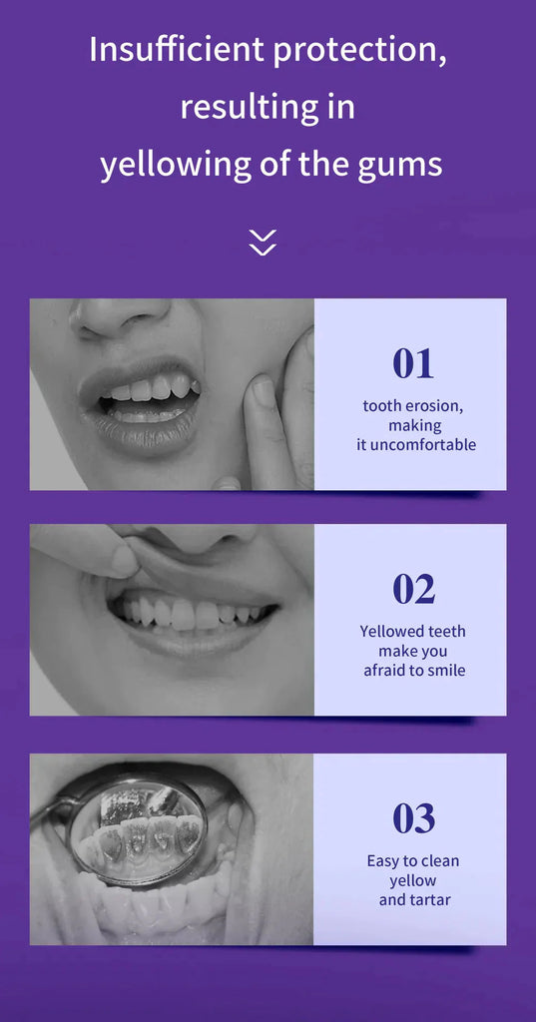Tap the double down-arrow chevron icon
[x=263, y=242]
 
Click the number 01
[x=412, y=363]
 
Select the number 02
[x=412, y=589]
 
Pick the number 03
[x=412, y=818]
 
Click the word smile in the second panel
[x=445, y=670]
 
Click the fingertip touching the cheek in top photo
[x=262, y=390]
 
